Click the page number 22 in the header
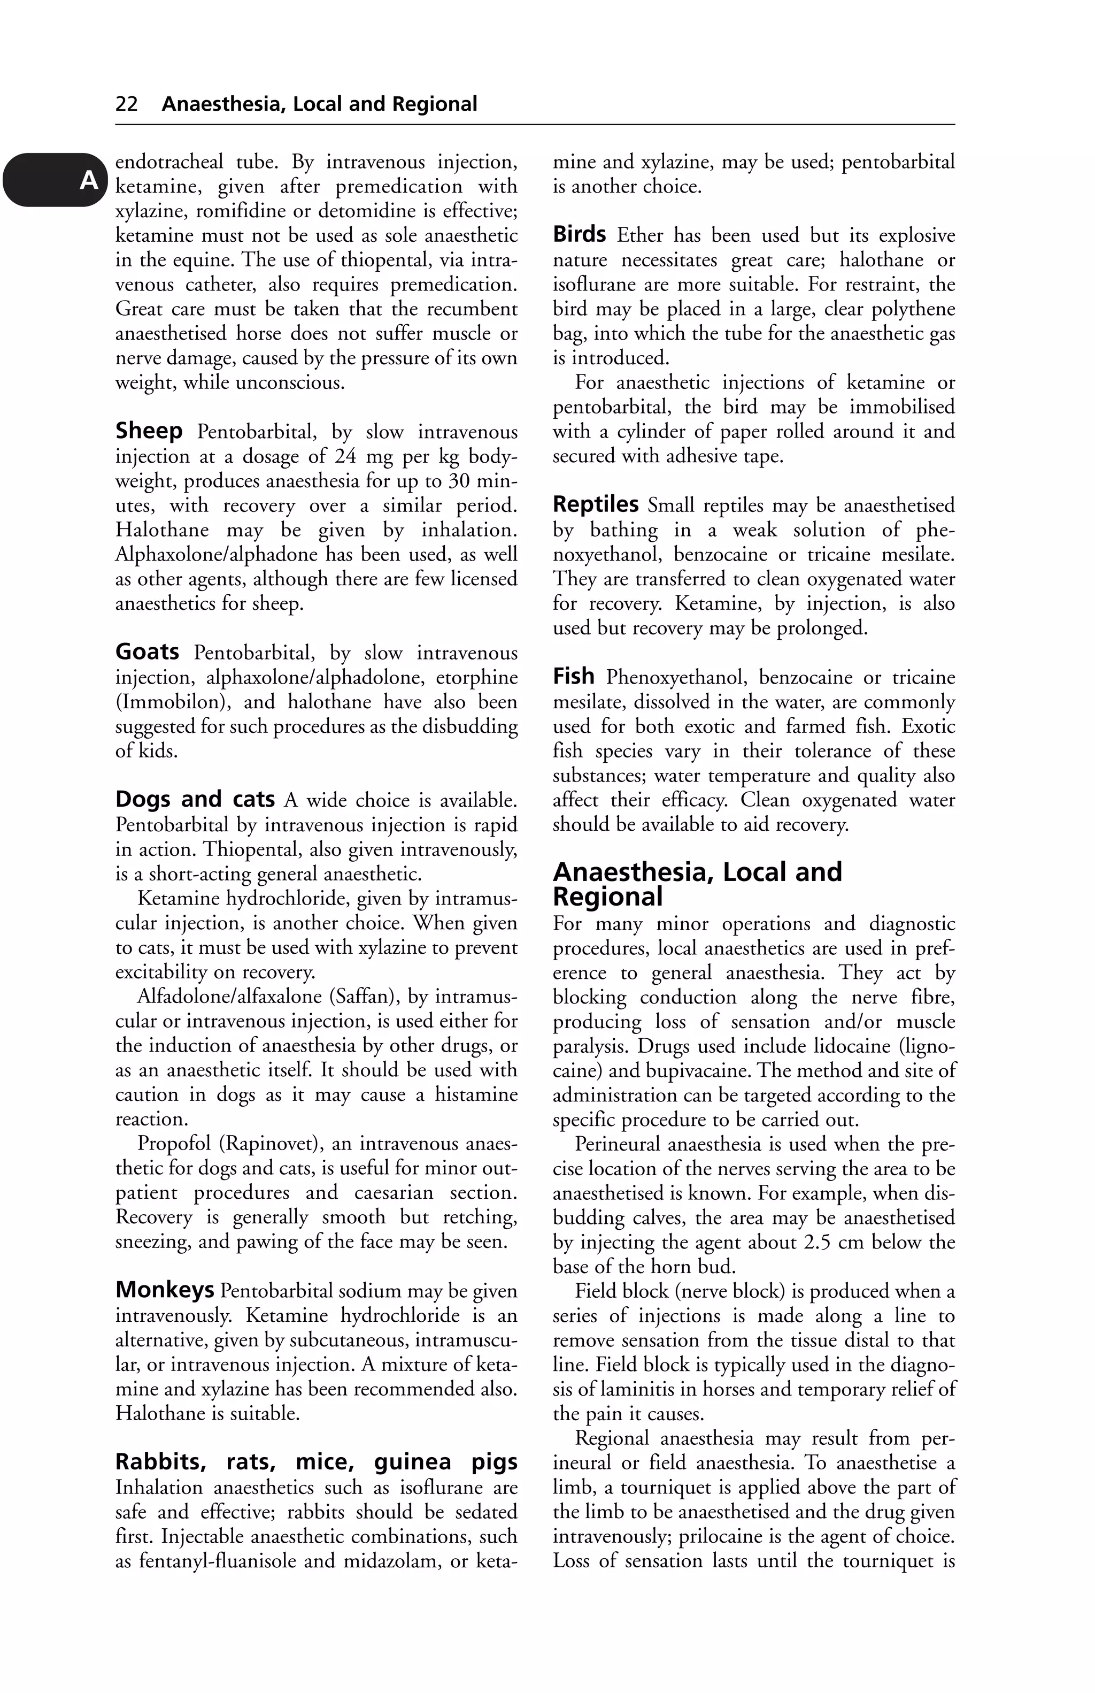[x=127, y=104]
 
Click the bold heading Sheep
[x=149, y=431]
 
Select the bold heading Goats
[x=147, y=652]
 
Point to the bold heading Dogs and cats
[x=195, y=800]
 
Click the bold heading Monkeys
[x=165, y=1290]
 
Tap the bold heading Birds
[x=580, y=234]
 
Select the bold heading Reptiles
[x=596, y=504]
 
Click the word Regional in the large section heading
[x=608, y=897]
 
